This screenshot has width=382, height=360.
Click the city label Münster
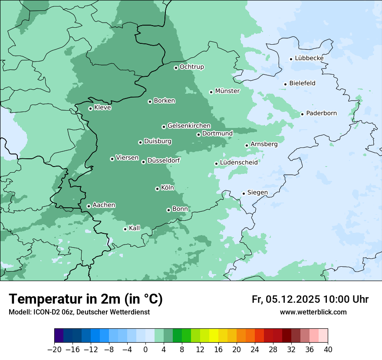(x=227, y=91)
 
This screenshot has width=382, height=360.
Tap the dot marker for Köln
(x=157, y=189)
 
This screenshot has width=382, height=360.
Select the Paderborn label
(x=321, y=113)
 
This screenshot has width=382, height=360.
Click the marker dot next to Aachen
(x=89, y=206)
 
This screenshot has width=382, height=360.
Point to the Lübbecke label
(x=309, y=58)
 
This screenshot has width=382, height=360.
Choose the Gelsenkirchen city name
(x=189, y=126)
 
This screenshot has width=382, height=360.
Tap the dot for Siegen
(x=244, y=193)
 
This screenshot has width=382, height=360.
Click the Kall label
(x=135, y=228)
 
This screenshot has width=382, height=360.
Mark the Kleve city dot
(x=90, y=108)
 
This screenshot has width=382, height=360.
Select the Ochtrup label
(x=192, y=67)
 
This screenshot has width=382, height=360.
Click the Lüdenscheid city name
(x=239, y=163)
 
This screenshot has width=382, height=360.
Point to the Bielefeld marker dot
(x=285, y=84)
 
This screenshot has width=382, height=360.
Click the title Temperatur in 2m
(x=86, y=299)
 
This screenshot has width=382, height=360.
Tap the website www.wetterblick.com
(x=313, y=312)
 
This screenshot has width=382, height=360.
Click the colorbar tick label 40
(x=328, y=350)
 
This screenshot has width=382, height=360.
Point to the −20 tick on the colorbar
(x=55, y=350)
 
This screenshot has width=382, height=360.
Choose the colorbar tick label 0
(x=145, y=350)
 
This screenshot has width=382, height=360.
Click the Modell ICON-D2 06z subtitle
(x=79, y=312)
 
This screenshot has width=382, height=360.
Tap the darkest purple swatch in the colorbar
(x=59, y=336)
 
